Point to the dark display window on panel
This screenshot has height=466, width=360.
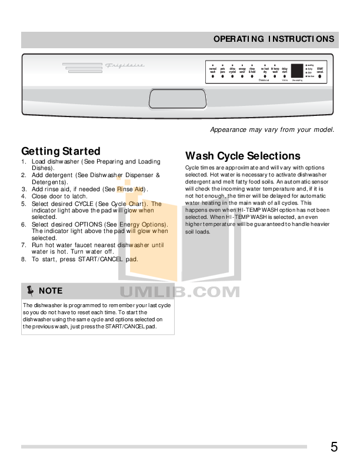[297, 70]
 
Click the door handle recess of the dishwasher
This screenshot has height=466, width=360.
[170, 98]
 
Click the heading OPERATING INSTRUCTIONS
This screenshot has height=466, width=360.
[274, 39]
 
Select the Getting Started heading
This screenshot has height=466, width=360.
[61, 151]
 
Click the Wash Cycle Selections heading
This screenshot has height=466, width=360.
[242, 156]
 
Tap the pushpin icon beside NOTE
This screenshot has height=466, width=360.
[30, 290]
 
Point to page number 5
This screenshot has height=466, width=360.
[334, 447]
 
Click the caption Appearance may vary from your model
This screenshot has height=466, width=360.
[272, 129]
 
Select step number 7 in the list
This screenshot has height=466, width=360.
[24, 244]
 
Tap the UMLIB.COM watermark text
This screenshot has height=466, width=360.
[180, 292]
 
